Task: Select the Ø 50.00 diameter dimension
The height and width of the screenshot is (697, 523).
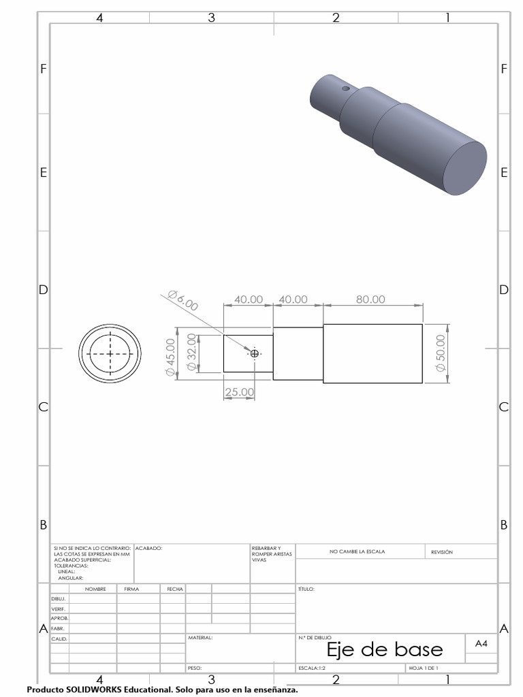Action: click(441, 353)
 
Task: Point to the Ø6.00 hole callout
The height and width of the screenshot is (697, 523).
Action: click(182, 300)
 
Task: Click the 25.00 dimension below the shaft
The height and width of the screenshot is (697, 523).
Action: click(239, 392)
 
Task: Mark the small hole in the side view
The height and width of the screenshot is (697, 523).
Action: click(255, 353)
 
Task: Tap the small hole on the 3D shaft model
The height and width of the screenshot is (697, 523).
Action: click(346, 88)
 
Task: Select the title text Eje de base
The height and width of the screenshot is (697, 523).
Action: click(384, 649)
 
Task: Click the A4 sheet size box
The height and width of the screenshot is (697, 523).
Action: click(481, 643)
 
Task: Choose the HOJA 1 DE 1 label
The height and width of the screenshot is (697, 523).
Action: click(424, 668)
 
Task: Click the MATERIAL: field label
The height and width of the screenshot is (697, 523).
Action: click(200, 638)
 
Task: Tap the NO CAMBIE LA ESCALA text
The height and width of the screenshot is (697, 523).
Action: click(358, 552)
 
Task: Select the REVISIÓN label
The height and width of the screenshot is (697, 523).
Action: click(442, 552)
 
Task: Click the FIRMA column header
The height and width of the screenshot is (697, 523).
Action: click(131, 589)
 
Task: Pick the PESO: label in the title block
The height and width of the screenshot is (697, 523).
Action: click(195, 668)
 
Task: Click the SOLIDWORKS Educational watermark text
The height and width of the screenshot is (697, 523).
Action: click(162, 690)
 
